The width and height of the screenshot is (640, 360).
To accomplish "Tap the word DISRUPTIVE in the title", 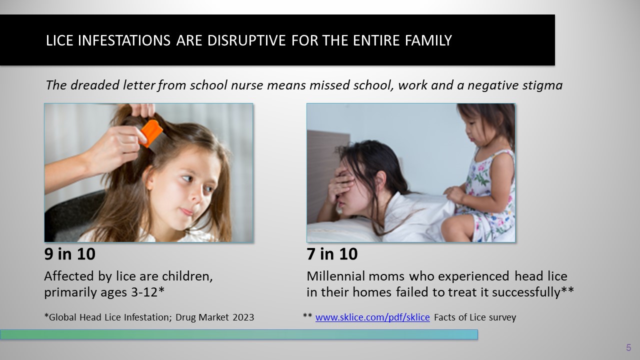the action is tap(246, 40).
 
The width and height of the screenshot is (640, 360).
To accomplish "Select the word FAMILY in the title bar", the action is tap(428, 40).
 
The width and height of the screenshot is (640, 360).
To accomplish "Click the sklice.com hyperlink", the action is tap(372, 317).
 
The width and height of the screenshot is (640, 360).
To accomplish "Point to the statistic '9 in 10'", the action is tap(69, 253).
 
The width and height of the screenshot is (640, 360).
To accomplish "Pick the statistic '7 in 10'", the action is tap(332, 253).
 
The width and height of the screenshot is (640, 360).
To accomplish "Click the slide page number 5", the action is tap(628, 347).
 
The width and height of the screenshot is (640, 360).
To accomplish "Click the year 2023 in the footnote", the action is tap(243, 317).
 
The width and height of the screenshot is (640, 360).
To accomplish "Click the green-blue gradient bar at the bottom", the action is tap(239, 334).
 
